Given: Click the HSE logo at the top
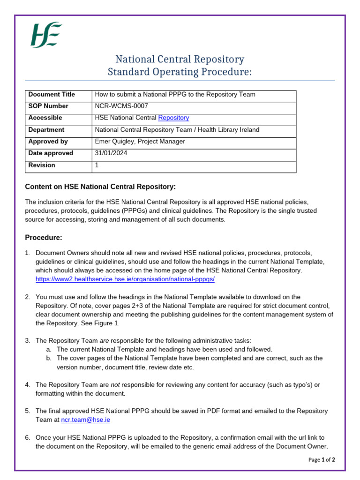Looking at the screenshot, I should coord(46,35).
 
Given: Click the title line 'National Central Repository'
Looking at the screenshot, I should coord(180,60).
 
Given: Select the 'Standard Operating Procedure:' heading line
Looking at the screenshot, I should coord(180,72).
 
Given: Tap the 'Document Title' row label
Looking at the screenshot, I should coord(52,94).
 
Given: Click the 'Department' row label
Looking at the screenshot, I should coord(46,130).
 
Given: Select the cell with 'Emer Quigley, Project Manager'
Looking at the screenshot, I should coord(140,142).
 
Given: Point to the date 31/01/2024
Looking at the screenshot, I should coord(111,153).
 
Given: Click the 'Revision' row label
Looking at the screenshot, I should coord(42,165).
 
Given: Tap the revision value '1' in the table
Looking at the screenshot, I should coord(97,165).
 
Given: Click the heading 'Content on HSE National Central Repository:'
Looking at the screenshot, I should coord(100,187).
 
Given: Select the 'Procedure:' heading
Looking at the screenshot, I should coord(44,238).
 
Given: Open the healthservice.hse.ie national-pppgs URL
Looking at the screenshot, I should coord(125,279).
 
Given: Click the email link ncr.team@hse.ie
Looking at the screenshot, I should coord(86,420).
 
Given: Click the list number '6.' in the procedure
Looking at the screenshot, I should coord(28,437).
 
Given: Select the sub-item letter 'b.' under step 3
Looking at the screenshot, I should coord(49,358).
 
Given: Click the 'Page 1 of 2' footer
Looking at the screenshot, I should coord(322,460).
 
